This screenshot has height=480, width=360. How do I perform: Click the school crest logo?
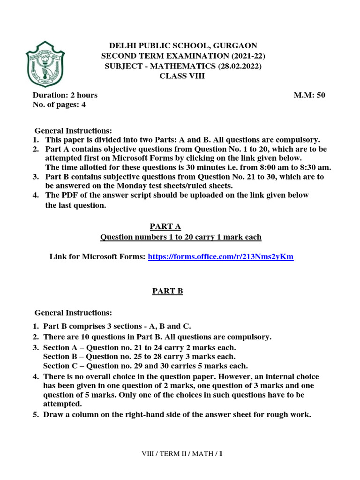pos(45,67)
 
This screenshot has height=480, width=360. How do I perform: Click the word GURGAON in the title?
pos(234,45)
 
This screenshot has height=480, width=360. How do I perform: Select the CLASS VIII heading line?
pos(182,76)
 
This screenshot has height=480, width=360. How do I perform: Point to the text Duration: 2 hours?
pos(65,95)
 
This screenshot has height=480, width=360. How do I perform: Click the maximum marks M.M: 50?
pos(309,95)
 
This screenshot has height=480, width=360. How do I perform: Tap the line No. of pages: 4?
pos(59,105)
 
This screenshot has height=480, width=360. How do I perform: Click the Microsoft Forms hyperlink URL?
pos(220,257)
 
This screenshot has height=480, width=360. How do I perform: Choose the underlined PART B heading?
pos(167,291)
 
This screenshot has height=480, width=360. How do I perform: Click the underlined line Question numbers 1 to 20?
pos(181,237)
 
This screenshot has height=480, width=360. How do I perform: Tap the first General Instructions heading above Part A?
pos(74,131)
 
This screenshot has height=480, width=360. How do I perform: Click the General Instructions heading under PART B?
pos(74,313)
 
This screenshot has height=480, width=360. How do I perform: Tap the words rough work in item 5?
pos(291,414)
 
